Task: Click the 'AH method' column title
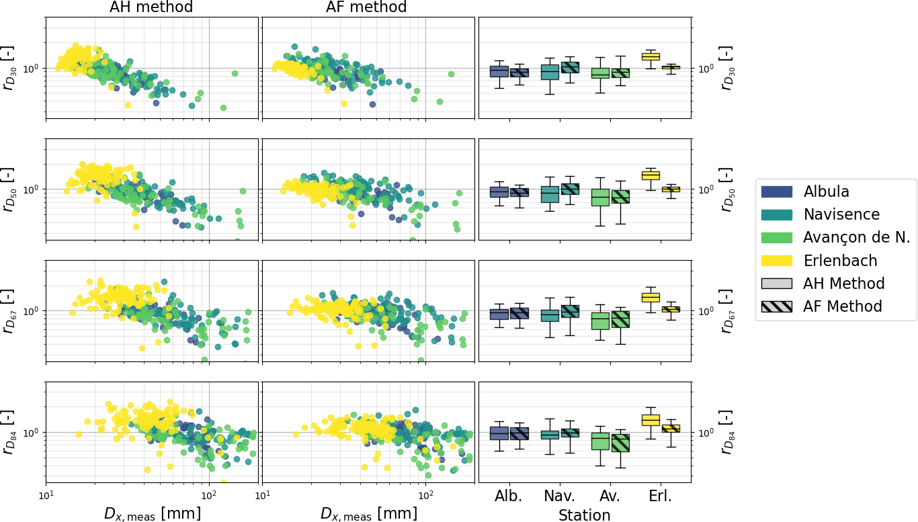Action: pyautogui.click(x=151, y=7)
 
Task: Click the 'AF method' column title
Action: pyautogui.click(x=366, y=7)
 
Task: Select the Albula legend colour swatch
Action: pyautogui.click(x=777, y=191)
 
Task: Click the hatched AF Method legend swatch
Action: pyautogui.click(x=777, y=307)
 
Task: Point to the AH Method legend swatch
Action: pyautogui.click(x=777, y=284)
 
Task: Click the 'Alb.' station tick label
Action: pyautogui.click(x=508, y=496)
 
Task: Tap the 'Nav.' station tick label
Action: pyautogui.click(x=559, y=496)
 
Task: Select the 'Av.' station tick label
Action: pyautogui.click(x=609, y=496)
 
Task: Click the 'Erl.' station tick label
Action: pyautogui.click(x=660, y=496)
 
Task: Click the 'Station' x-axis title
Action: pyautogui.click(x=584, y=515)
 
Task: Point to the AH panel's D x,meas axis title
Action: pyautogui.click(x=152, y=514)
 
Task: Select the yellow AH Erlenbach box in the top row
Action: pyautogui.click(x=651, y=56)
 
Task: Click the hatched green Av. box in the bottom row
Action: pyautogui.click(x=620, y=443)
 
